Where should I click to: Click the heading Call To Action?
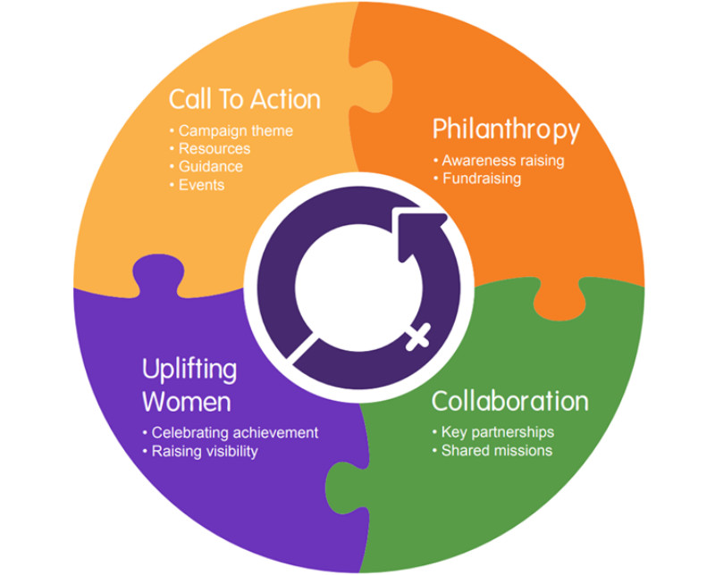coord(245,99)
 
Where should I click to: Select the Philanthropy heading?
coord(506,130)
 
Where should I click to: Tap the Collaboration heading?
coord(509,402)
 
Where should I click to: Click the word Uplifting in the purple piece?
coord(189,370)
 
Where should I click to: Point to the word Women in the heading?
coord(187,402)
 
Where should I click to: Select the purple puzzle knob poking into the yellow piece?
coord(158,274)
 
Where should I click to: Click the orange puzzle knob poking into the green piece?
coord(559,301)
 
